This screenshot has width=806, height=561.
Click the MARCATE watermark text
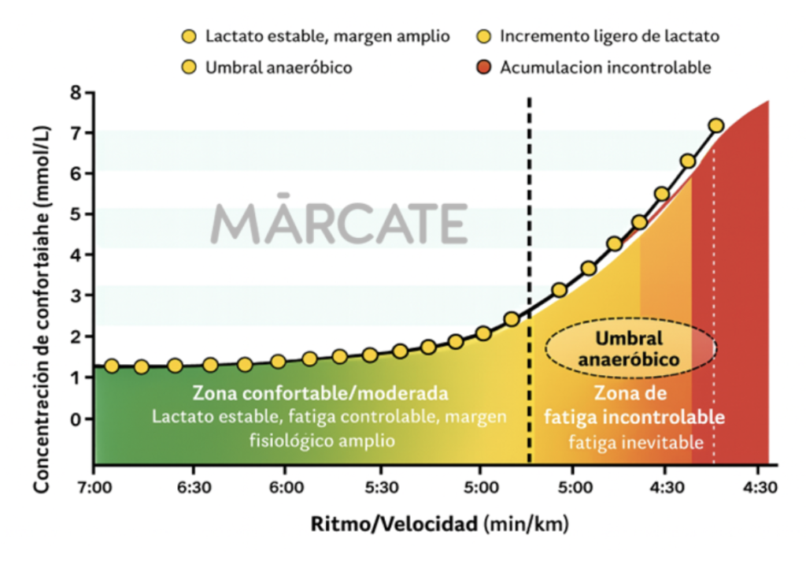pos(339,223)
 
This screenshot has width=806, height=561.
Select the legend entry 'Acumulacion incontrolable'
pos(605,67)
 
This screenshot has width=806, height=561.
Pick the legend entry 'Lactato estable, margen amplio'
pos(327,36)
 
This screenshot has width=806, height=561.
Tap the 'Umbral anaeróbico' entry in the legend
pos(278,67)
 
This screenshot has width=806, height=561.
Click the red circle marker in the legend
pos(485,67)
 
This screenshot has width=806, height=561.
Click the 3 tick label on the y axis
pos(76,295)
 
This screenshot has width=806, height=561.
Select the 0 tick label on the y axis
pos(76,418)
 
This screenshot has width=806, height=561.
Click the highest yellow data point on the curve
pos(715,125)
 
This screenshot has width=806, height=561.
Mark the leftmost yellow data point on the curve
pos(112,366)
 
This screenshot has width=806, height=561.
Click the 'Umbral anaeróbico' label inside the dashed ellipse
pos(629,348)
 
